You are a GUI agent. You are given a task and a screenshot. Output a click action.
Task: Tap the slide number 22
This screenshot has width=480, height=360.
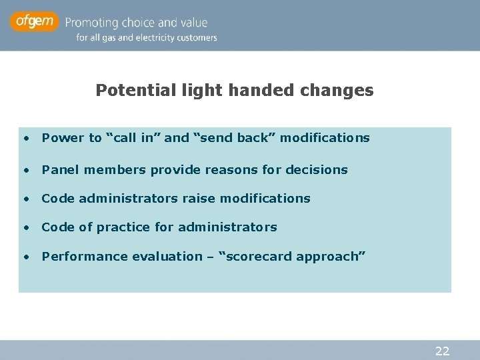point(442,351)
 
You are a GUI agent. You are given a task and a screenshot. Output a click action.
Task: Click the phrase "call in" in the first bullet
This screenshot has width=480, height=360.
point(133,138)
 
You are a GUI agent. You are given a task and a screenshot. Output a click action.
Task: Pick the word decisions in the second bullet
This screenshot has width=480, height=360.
point(316,170)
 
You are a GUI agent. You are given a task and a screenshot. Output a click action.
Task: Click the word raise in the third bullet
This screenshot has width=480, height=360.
point(199,199)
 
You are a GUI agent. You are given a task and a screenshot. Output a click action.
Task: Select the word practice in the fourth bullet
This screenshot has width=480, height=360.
point(123,227)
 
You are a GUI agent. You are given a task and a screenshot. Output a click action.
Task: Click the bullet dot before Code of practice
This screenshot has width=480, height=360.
point(25,228)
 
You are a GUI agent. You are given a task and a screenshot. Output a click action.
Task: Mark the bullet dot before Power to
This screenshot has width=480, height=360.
point(25,139)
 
